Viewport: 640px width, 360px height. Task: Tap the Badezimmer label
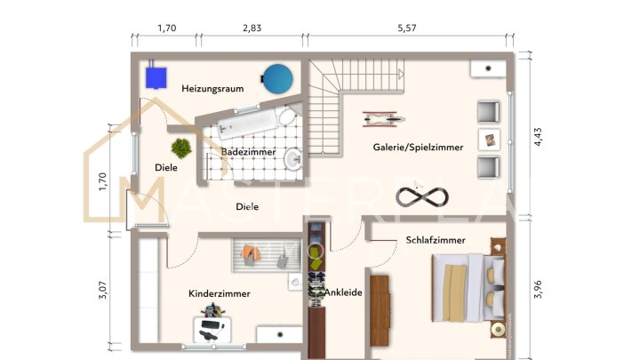249,152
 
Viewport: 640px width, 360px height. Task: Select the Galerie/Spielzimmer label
418,148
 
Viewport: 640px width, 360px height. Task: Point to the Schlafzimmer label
436,240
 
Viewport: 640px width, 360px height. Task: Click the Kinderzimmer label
219,293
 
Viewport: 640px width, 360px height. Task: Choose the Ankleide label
343,292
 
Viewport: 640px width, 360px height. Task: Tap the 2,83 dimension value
252,28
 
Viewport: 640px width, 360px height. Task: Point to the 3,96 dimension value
536,290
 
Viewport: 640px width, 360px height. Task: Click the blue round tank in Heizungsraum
276,77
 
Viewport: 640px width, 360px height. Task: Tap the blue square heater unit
159,76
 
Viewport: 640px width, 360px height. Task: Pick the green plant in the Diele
182,147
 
